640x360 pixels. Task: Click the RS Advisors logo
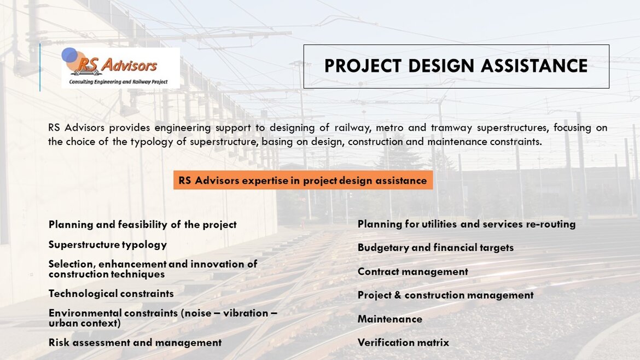[x=120, y=68]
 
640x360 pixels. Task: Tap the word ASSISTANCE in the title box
[x=534, y=66]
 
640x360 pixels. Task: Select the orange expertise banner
[x=303, y=180]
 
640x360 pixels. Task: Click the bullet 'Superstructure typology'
[x=108, y=245]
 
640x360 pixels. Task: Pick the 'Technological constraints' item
[x=111, y=293]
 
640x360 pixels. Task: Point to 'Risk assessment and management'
[x=135, y=342]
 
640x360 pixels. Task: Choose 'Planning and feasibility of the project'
[x=142, y=224]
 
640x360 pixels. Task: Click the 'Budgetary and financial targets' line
[x=435, y=248]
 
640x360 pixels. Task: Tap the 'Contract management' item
[x=412, y=272]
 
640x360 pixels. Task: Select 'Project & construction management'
[x=445, y=295]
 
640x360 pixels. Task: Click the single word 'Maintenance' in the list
[x=390, y=319]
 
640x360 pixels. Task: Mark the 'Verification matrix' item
[x=403, y=342]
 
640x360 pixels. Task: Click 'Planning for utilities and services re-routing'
[x=467, y=224]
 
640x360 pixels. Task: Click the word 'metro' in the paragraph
[x=389, y=128]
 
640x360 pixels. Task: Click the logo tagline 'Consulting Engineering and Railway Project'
[x=118, y=82]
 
